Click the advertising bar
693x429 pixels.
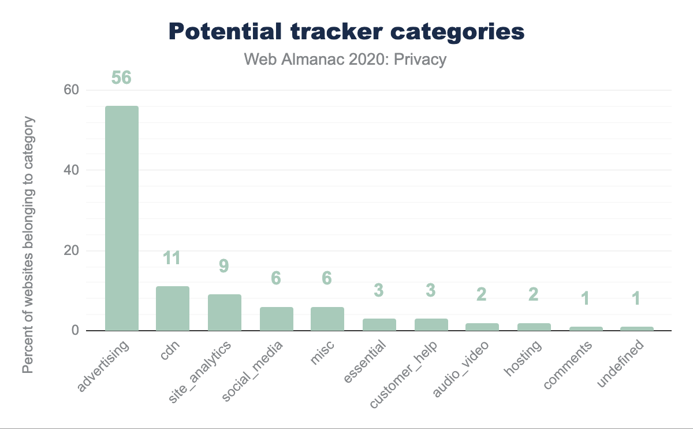(x=121, y=219)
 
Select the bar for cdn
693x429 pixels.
(x=173, y=309)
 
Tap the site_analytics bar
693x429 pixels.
(x=225, y=313)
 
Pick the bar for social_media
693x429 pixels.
(x=277, y=319)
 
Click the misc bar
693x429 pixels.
(x=327, y=319)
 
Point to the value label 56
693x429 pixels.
(x=121, y=77)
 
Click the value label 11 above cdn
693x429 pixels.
(x=173, y=258)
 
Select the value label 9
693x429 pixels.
(x=225, y=266)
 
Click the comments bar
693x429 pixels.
(x=586, y=328)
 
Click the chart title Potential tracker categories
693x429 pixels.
(x=346, y=32)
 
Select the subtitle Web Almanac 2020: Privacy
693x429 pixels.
(x=346, y=59)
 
